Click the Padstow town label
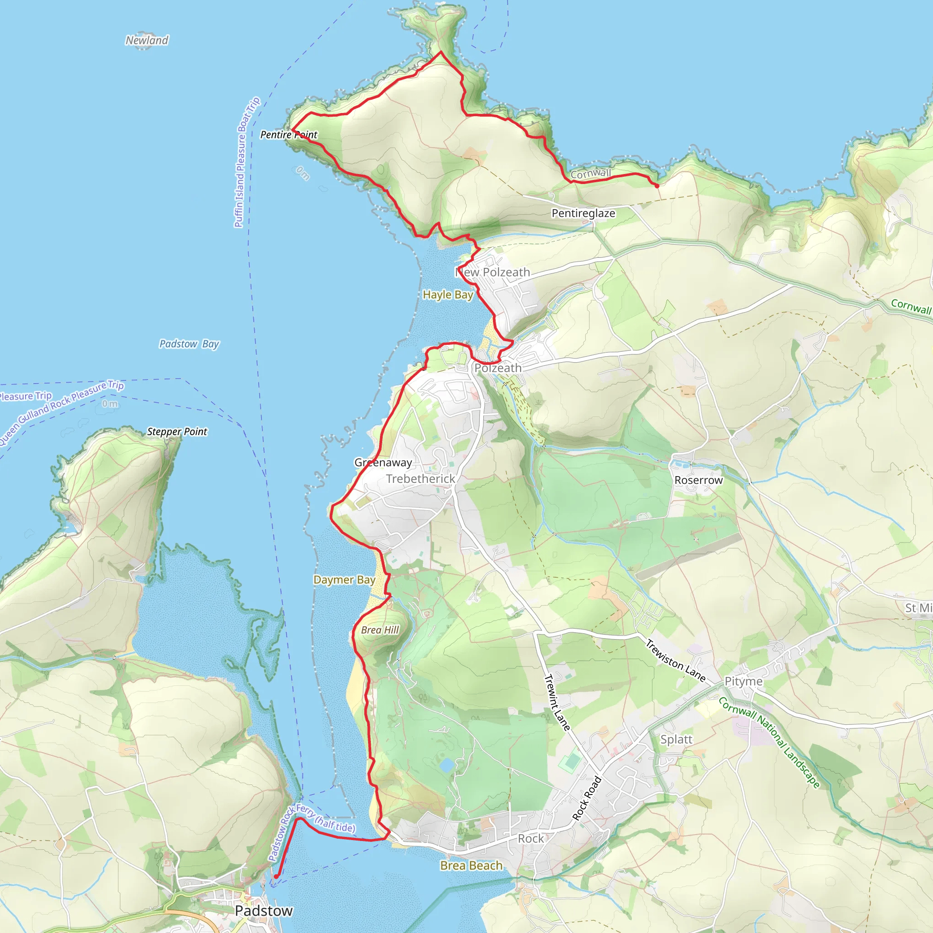tap(264, 910)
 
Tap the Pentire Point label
tap(289, 135)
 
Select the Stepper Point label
tap(177, 431)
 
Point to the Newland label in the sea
tap(147, 40)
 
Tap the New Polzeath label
tap(492, 272)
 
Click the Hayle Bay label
tap(448, 295)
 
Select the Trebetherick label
tap(420, 479)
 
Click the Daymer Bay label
tap(344, 579)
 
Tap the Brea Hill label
tap(380, 630)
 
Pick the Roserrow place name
tap(698, 480)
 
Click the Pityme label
tap(743, 681)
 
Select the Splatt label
tap(676, 739)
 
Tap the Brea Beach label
tap(472, 866)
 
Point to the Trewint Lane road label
tap(557, 702)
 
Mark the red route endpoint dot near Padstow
tap(276, 877)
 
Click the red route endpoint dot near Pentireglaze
tap(657, 185)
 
